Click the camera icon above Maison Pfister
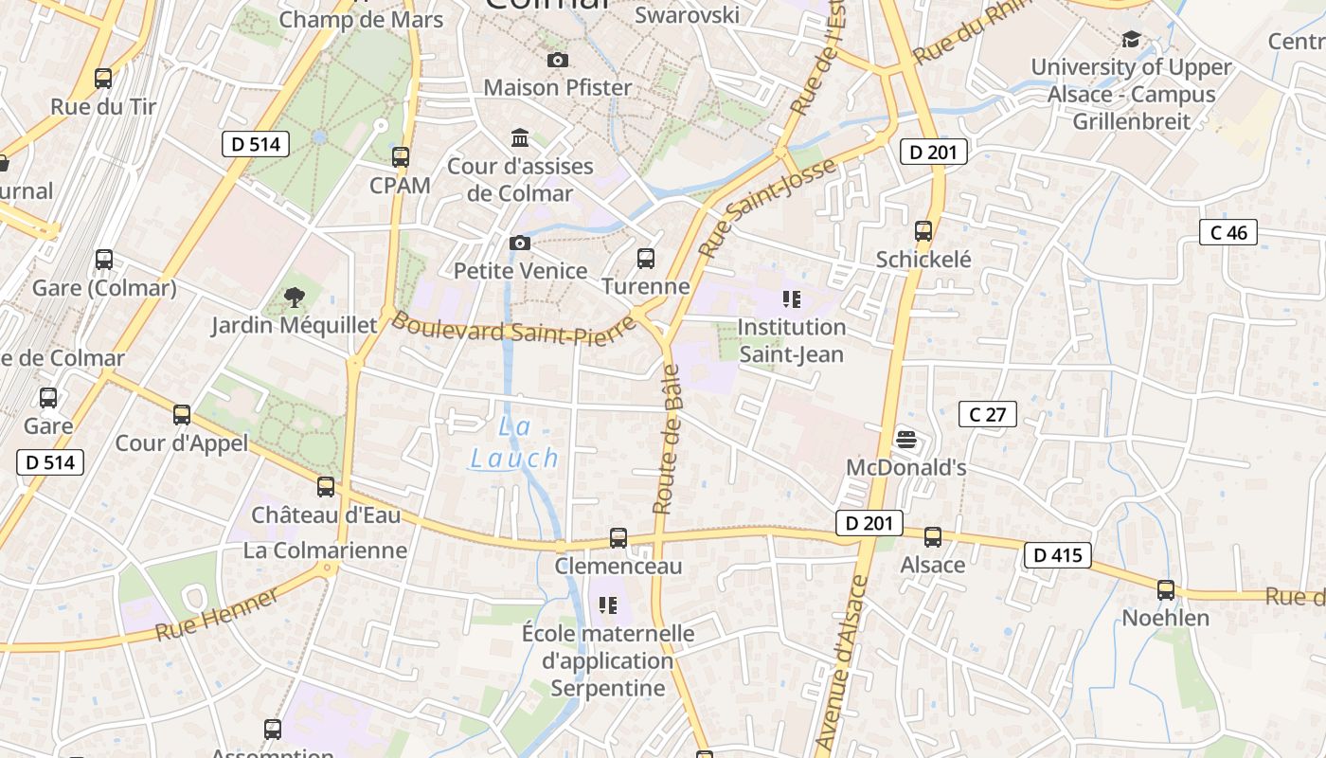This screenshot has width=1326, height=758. click(x=558, y=61)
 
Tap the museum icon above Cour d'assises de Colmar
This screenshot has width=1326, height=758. click(x=520, y=138)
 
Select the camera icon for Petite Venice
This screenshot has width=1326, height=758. click(x=519, y=244)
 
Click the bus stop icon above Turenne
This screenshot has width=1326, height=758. click(x=646, y=258)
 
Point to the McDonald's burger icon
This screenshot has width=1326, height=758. click(x=906, y=439)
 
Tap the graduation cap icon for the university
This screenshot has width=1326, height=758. click(x=1131, y=40)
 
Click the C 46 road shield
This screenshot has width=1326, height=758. click(x=1227, y=232)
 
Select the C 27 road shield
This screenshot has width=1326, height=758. click(x=987, y=414)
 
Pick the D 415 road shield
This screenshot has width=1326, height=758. click(x=1057, y=555)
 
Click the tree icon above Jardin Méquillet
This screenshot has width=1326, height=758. click(x=294, y=298)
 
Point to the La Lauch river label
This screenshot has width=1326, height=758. click(x=515, y=443)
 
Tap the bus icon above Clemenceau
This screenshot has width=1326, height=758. click(x=618, y=538)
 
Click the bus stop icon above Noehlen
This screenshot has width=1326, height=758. click(x=1165, y=590)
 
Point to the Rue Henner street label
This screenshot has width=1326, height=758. click(x=217, y=614)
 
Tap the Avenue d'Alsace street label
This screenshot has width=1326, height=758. click(x=841, y=662)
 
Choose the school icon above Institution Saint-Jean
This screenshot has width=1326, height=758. click(x=792, y=300)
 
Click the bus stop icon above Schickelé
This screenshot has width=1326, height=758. click(x=923, y=231)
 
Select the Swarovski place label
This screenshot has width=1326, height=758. click(x=687, y=15)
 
